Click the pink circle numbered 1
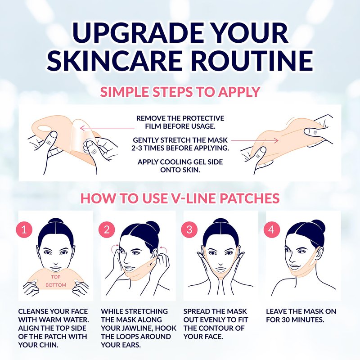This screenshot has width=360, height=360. coord(24,229)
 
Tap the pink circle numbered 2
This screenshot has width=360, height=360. coord(107,229)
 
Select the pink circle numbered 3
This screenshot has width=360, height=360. coord(189,229)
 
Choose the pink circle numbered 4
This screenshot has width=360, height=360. coord(272,229)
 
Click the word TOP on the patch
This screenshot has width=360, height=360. coord(55,277)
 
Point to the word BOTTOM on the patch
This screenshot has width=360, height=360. coord(56,285)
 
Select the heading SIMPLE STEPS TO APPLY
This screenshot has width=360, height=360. coord(180,92)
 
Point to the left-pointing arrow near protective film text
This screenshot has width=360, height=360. coord(107,128)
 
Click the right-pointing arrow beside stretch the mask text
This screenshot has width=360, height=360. coord(255,140)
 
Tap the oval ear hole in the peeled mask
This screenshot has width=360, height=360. coord(45,128)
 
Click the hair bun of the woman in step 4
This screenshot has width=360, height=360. coord(318,226)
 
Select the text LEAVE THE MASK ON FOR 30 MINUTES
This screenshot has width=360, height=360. coord(301,315)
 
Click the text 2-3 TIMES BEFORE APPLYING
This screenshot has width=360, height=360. coord(180,148)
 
